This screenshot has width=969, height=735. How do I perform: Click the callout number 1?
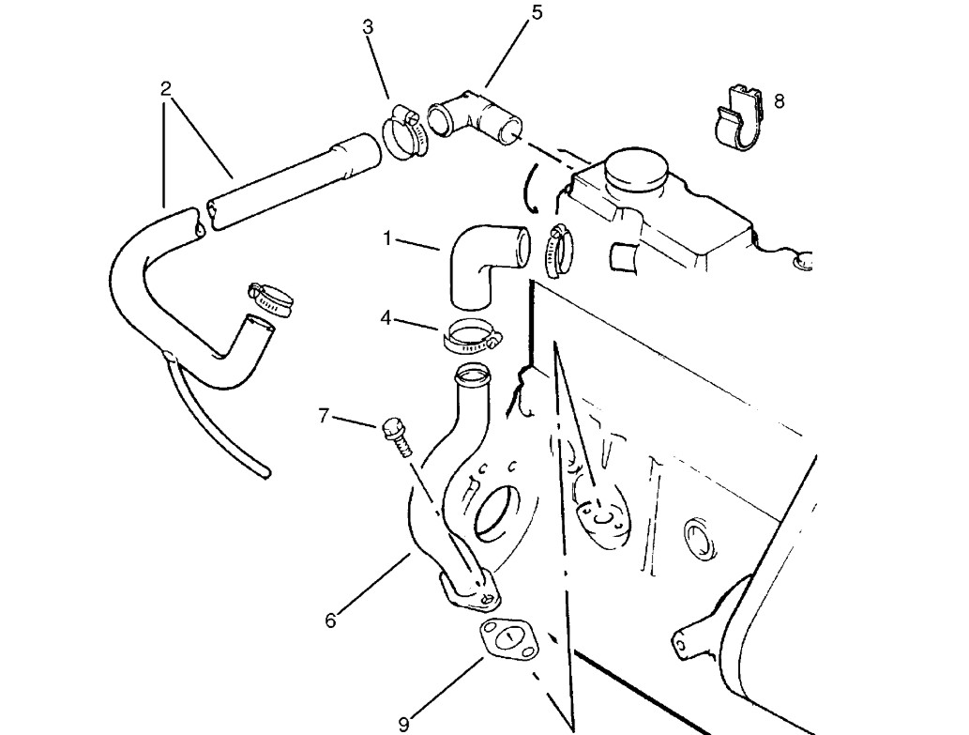[387, 238]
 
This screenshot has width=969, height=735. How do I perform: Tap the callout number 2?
[165, 89]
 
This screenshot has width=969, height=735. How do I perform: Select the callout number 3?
[368, 27]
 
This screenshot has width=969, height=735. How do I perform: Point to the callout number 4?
[386, 319]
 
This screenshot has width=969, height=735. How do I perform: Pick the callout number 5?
[537, 12]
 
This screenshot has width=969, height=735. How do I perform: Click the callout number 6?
[330, 620]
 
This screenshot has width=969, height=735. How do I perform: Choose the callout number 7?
[324, 416]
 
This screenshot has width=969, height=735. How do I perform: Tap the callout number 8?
[779, 100]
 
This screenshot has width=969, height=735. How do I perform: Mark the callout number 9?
[404, 723]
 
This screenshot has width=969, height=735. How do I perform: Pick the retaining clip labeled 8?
[738, 117]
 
